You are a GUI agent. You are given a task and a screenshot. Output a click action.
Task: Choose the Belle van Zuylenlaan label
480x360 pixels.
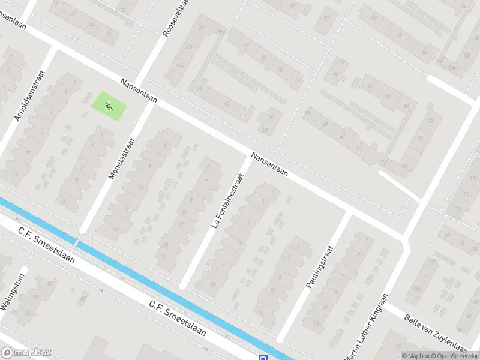click(x=436, y=334)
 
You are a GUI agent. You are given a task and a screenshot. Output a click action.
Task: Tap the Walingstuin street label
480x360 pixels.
click(x=12, y=296)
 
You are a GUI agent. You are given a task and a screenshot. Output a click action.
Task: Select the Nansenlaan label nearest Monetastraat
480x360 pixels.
click(x=138, y=91)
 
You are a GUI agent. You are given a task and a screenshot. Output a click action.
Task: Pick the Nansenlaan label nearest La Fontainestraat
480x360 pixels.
click(x=269, y=164)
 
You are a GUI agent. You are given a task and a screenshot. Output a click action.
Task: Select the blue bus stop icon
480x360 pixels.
click(x=263, y=358)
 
